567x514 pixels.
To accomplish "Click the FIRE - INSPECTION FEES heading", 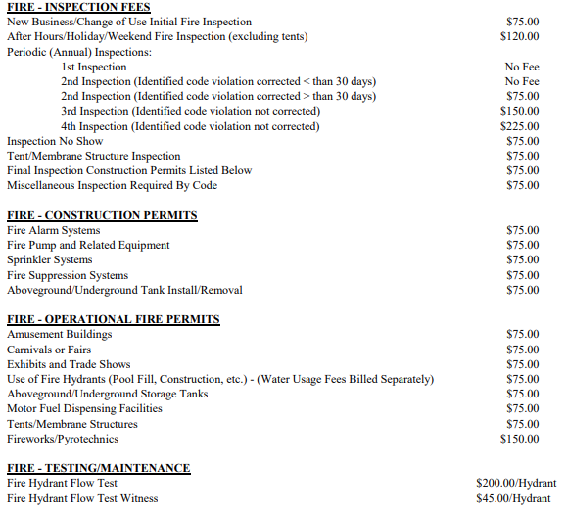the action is click(x=71, y=7).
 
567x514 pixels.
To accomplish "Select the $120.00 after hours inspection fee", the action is click(x=519, y=36).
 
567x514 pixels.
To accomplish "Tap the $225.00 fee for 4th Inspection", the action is click(x=519, y=125).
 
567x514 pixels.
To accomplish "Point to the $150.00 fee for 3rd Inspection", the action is click(x=519, y=111).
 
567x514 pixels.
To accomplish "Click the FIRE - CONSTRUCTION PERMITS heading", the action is click(x=102, y=215).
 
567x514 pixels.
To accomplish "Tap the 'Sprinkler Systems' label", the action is click(x=49, y=259).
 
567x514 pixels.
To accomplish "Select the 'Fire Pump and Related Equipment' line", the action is click(x=88, y=245).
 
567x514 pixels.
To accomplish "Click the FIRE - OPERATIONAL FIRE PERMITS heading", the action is click(x=113, y=319).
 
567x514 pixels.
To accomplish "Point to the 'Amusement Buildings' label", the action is click(x=59, y=335).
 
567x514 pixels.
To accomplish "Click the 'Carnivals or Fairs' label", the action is click(x=49, y=350).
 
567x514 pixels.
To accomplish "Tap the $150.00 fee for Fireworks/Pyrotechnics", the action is click(x=519, y=439).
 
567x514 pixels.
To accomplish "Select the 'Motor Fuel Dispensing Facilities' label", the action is click(x=84, y=408).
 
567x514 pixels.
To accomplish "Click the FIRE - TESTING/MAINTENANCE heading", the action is click(x=98, y=468).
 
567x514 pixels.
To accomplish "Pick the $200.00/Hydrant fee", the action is click(x=516, y=484).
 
